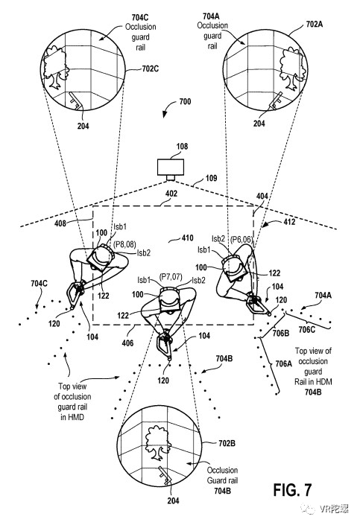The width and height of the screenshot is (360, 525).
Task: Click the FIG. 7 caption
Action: coord(292,490)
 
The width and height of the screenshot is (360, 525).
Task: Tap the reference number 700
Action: coord(185,101)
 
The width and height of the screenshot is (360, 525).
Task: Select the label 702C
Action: coord(150,69)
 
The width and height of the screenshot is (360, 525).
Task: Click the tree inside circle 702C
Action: coord(55,68)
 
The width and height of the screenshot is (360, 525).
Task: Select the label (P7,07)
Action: coord(171,277)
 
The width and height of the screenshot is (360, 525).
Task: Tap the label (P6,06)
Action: coord(241,239)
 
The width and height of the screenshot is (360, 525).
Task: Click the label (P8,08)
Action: coord(124,244)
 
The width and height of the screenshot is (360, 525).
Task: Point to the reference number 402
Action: coord(171,194)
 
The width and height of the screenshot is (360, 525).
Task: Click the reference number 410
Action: coord(187,238)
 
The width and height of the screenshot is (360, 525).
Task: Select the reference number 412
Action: coord(289,222)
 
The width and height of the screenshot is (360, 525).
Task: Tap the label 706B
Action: coord(281,333)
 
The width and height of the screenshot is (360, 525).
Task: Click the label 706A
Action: coord(283,363)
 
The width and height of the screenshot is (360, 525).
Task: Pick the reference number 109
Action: coord(211,178)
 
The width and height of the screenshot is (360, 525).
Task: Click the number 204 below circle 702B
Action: coord(173,500)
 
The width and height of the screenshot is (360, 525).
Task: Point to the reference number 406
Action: coord(127,343)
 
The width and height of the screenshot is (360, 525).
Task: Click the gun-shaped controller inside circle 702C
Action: coord(75,101)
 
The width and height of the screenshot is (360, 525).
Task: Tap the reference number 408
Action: coord(60,223)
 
